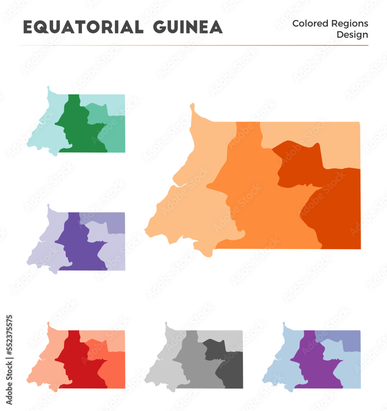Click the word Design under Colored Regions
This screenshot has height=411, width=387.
click(352, 35)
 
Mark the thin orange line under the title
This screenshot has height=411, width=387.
click(193, 45)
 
